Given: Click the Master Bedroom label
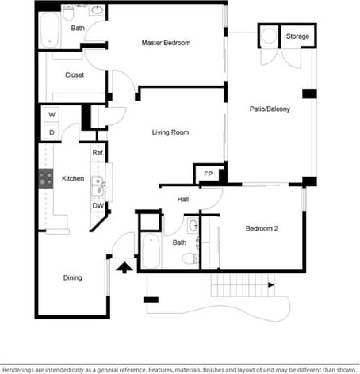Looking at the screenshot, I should point(166,43).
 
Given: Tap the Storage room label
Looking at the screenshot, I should point(297,36).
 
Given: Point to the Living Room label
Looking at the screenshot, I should point(170,132).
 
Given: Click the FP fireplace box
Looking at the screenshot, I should point(208,174).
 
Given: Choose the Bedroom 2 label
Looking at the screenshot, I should point(261,229).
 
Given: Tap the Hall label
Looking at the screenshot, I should point(182,200).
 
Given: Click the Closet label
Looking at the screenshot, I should point(75,75).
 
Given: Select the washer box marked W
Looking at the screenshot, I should point(52,115).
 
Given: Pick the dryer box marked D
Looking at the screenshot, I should point(52,132).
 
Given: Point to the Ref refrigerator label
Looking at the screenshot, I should point(98,153).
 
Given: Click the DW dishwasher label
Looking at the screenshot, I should point(98,206).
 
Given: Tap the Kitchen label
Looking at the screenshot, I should point(73,179).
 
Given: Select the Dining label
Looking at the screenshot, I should point(75,277).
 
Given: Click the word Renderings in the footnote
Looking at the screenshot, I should point(23,368).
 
